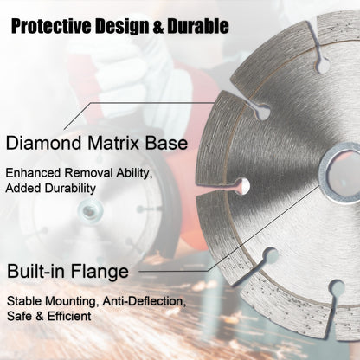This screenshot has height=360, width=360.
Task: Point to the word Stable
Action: pyautogui.click(x=25, y=302)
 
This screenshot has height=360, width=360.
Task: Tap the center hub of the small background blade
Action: pyautogui.click(x=87, y=210)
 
